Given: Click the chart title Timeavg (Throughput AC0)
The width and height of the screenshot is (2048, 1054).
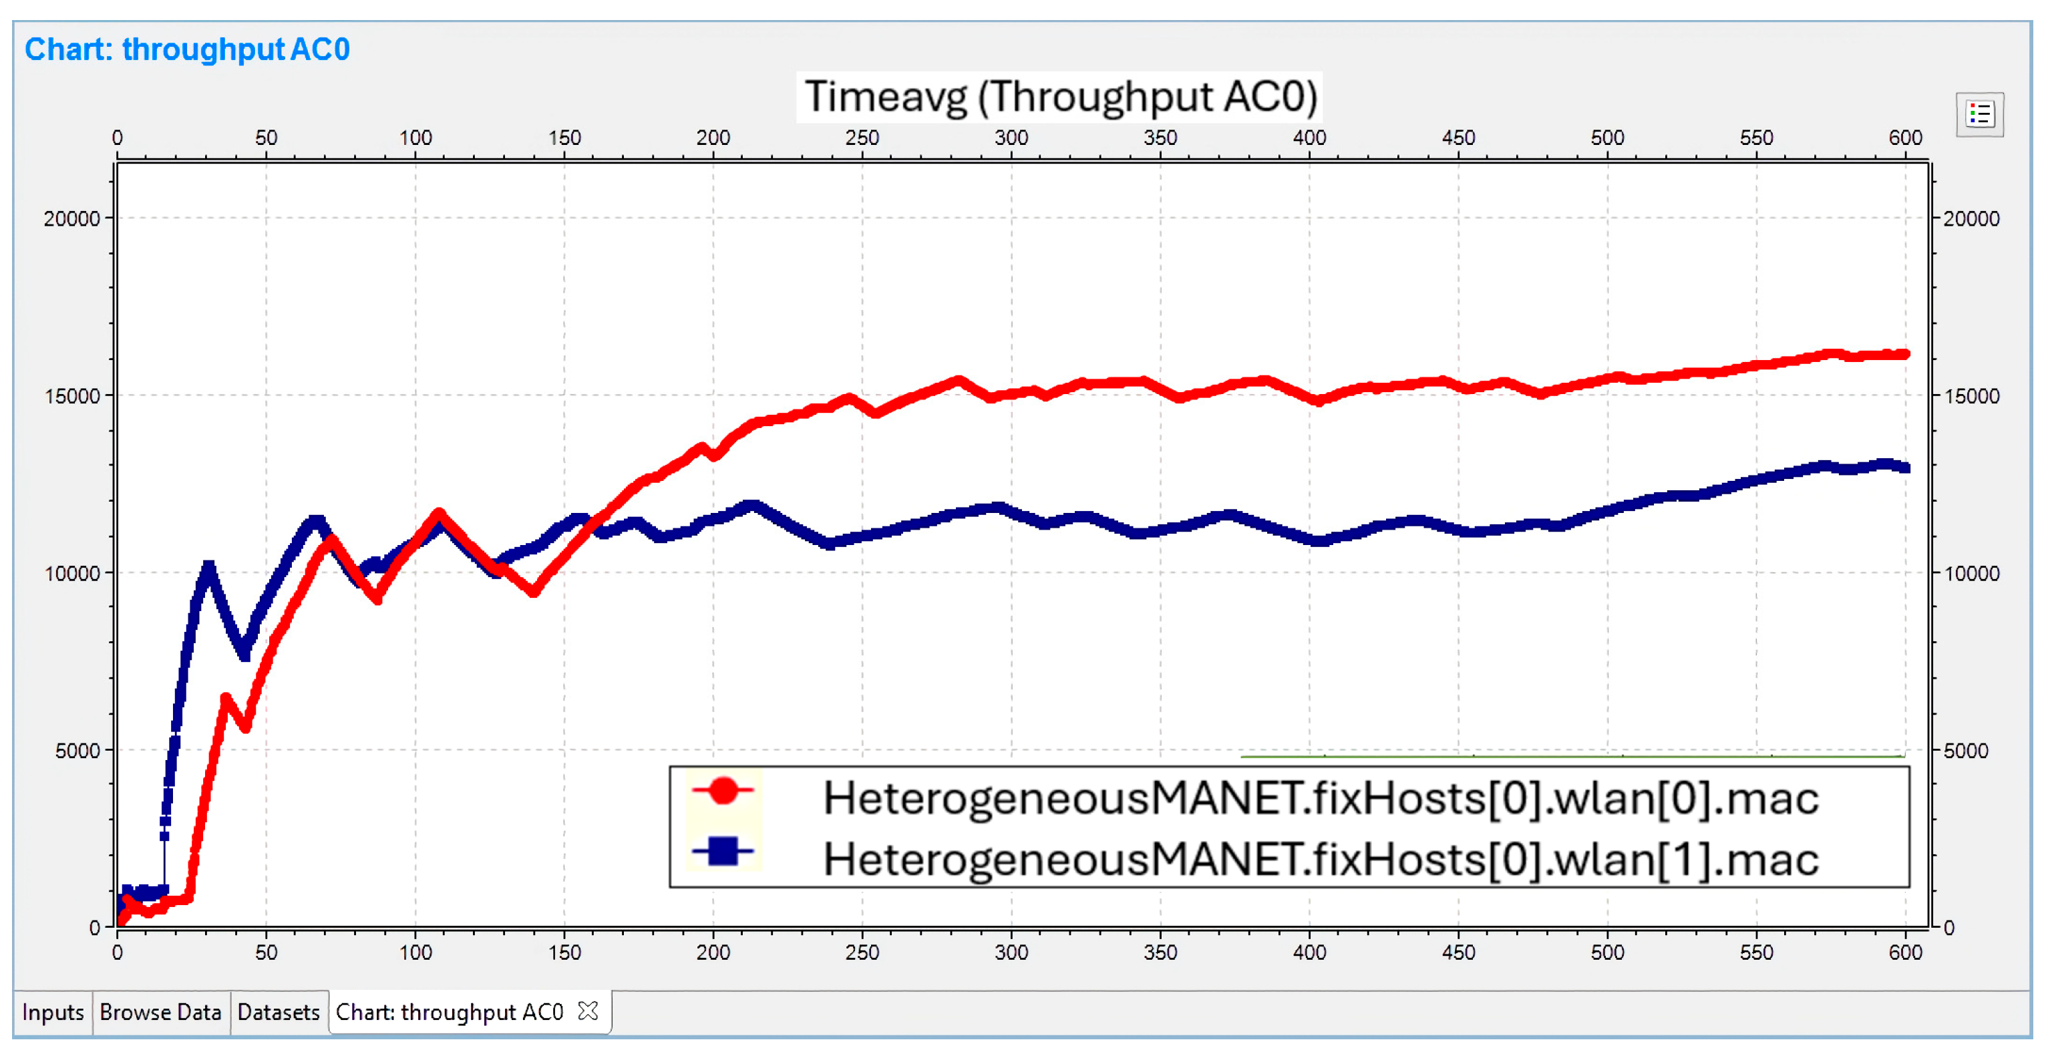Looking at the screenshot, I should click(1060, 97).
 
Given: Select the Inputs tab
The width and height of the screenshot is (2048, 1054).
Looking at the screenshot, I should click(53, 1012).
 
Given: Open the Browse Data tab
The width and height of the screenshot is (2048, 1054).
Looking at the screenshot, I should click(160, 1012).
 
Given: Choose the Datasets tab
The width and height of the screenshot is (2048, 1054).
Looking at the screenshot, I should click(279, 1012).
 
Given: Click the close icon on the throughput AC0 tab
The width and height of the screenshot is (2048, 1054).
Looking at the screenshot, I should click(588, 1011).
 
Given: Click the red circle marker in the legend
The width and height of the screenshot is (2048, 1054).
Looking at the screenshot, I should click(723, 791).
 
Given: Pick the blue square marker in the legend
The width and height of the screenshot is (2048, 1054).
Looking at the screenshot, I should click(723, 852).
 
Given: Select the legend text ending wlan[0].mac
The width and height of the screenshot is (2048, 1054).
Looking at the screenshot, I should click(1320, 798).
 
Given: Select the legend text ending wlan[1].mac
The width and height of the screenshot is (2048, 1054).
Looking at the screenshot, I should click(1320, 859).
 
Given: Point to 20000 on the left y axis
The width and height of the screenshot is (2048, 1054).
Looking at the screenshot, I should click(71, 218).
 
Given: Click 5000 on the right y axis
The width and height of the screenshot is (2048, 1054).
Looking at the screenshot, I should click(1965, 750).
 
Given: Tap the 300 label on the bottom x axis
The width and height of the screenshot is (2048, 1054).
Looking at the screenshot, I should click(1011, 952).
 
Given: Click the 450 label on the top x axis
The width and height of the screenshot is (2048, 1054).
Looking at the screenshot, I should click(1458, 138).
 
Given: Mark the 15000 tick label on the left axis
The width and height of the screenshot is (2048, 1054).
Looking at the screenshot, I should click(71, 396).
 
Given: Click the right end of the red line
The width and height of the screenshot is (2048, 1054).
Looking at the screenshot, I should click(1904, 355).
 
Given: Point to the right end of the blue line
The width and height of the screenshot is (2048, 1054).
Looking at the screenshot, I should click(1904, 468).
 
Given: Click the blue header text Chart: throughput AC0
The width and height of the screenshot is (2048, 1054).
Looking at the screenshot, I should click(187, 49).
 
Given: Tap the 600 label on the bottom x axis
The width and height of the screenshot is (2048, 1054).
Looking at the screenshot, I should click(1905, 952).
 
